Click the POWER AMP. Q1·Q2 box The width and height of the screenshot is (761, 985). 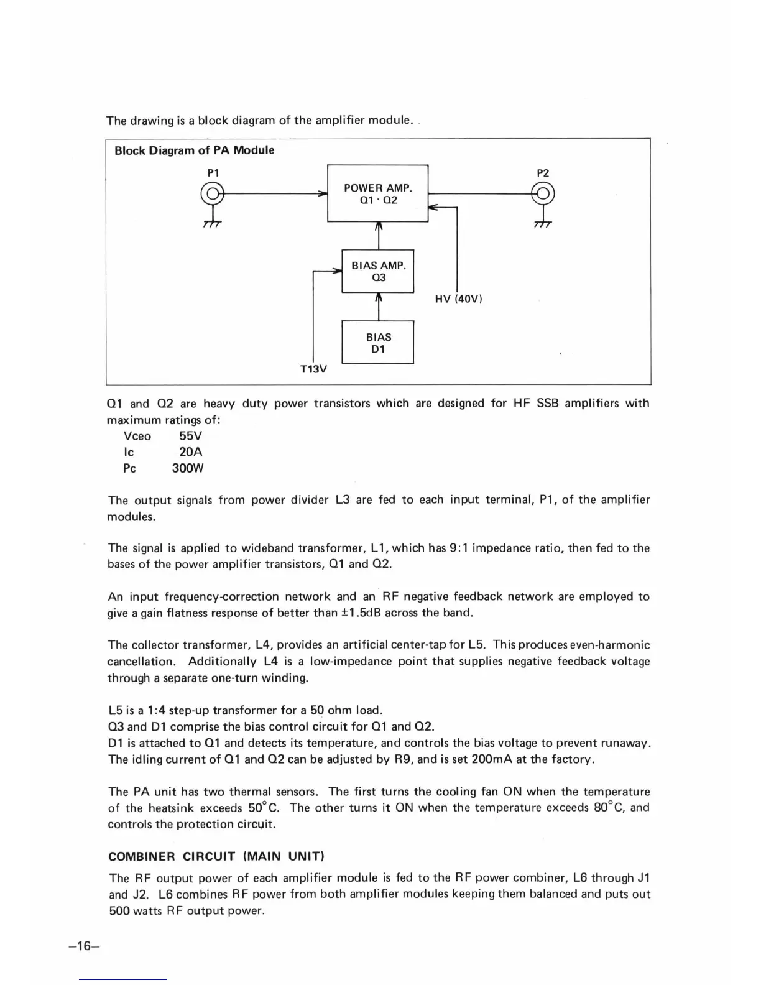[378, 193]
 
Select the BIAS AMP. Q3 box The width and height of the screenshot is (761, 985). [378, 271]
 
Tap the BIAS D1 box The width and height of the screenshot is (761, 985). [378, 343]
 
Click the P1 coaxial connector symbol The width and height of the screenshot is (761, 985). [212, 193]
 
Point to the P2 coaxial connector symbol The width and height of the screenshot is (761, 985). [543, 193]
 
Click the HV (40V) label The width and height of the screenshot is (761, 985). [459, 299]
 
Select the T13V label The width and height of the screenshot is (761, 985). [313, 369]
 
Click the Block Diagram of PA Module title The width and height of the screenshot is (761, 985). [194, 150]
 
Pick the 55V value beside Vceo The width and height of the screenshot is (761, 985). [190, 436]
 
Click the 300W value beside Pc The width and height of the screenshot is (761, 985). [188, 468]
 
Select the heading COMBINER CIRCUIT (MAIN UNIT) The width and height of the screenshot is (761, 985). [216, 856]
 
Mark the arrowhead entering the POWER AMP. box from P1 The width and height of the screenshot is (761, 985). [323, 193]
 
